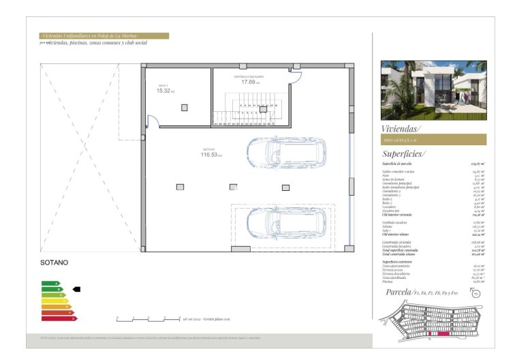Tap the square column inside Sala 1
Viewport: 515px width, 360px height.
(x=184, y=108)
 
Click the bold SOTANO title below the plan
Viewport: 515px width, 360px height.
(x=55, y=262)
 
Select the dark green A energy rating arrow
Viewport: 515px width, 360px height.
(x=50, y=283)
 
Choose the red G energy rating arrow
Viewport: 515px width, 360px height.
(x=59, y=318)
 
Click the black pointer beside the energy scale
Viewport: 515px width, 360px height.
(x=76, y=289)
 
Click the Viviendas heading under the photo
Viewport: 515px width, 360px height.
(x=402, y=129)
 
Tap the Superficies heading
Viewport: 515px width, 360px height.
(x=404, y=154)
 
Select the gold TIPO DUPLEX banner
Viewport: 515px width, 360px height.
(x=433, y=140)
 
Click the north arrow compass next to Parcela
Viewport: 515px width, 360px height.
(x=475, y=294)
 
